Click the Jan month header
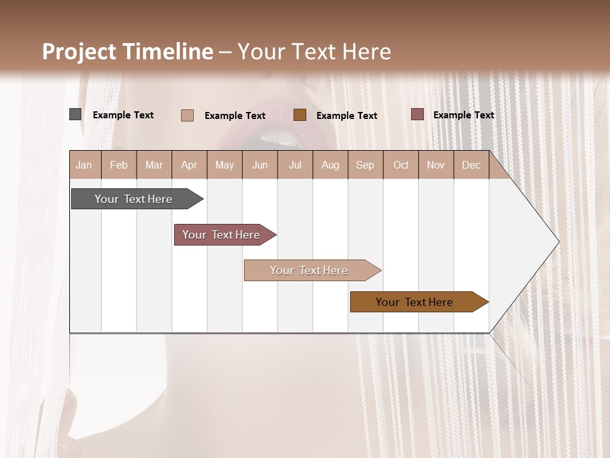84,165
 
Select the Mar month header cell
154,165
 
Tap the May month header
224,165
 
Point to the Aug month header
330,165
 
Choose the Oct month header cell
401,165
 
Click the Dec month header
471,165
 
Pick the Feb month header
119,165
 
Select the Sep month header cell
365,165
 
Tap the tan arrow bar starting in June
309,270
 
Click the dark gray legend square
75,114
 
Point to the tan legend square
187,115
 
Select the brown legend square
300,115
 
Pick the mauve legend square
417,114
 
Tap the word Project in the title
79,52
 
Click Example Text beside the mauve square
463,115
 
